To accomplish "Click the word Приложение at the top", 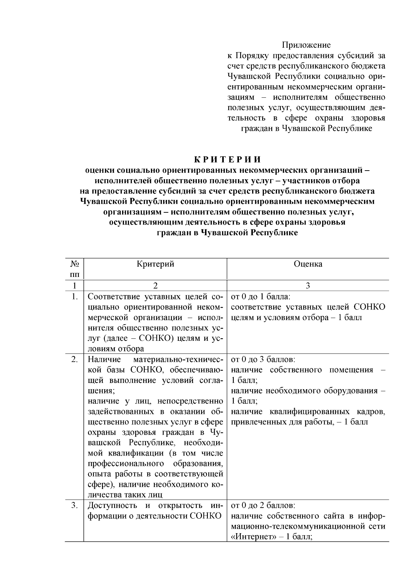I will [x=306, y=45].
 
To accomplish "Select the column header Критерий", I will [x=155, y=264].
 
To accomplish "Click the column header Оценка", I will [x=308, y=264].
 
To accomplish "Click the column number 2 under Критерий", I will [x=155, y=286].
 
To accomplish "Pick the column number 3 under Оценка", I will [x=308, y=286].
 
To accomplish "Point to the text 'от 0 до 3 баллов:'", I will [x=263, y=359].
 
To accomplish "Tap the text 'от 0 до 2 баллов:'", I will [x=263, y=506].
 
